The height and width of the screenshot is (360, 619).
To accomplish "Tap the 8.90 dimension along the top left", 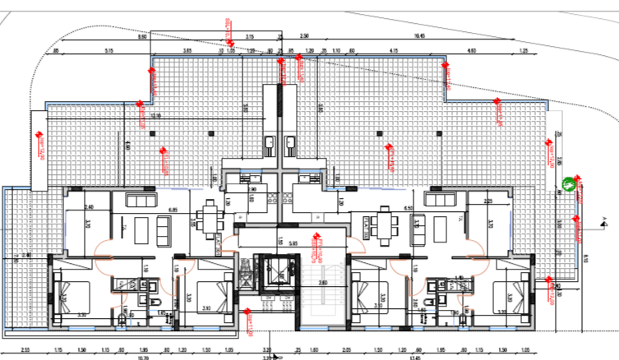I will [x=141, y=37].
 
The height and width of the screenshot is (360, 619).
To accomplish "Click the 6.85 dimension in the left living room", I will [x=173, y=210].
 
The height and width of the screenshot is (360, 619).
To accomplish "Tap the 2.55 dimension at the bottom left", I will [x=25, y=348].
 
